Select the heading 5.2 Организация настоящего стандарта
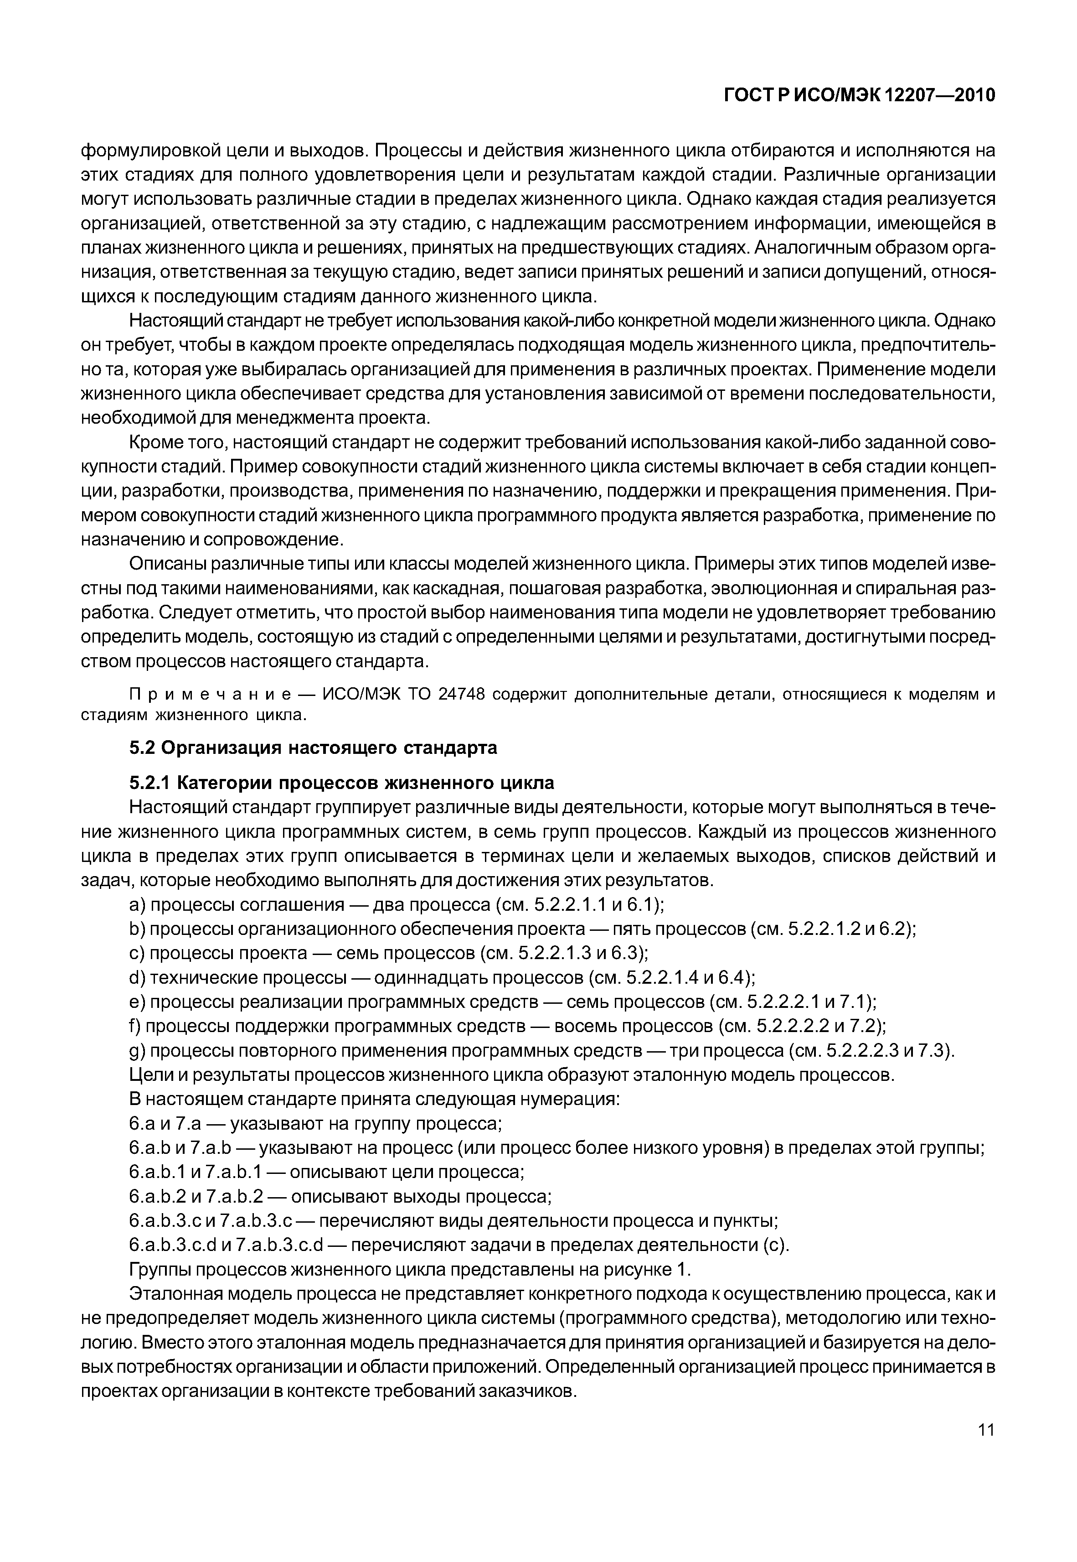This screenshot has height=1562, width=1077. (313, 748)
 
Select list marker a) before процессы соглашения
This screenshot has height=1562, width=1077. (137, 905)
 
